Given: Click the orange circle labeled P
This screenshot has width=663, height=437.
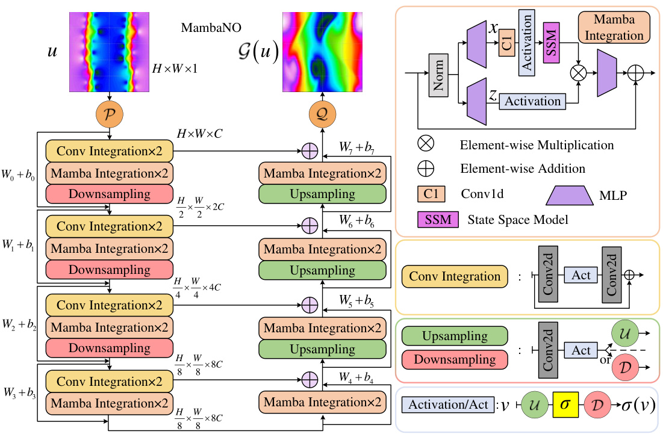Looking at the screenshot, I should point(110,114).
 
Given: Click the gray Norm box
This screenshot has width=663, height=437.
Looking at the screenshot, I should point(439,75).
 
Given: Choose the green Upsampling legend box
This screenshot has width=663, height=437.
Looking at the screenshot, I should point(455,336).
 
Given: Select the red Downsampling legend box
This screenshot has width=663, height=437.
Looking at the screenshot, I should point(455,360).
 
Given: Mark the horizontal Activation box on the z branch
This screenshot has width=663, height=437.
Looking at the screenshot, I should point(532,102).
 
